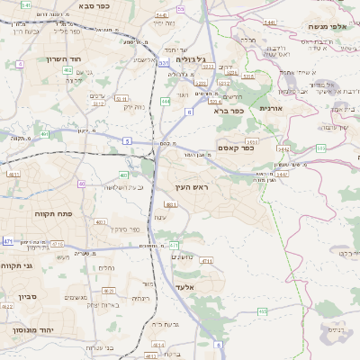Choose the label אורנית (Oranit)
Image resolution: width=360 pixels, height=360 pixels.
coord(271,108)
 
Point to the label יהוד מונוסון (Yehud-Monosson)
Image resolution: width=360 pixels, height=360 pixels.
coord(33,330)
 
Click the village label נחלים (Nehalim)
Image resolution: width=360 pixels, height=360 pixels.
coord(106,267)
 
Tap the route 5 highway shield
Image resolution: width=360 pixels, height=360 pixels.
coord(127,141)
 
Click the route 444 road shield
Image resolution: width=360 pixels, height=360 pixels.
coord(166,101)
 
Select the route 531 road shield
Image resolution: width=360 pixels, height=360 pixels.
coord(163,63)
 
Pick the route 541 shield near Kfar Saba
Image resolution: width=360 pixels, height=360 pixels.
coord(26,5)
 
